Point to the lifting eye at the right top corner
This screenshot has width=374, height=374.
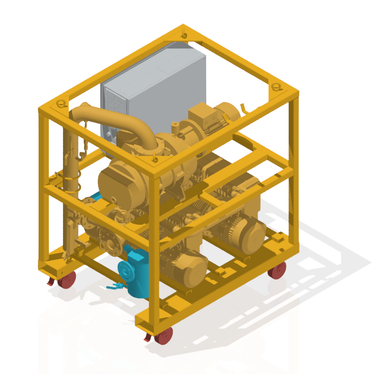pyautogui.click(x=276, y=87)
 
